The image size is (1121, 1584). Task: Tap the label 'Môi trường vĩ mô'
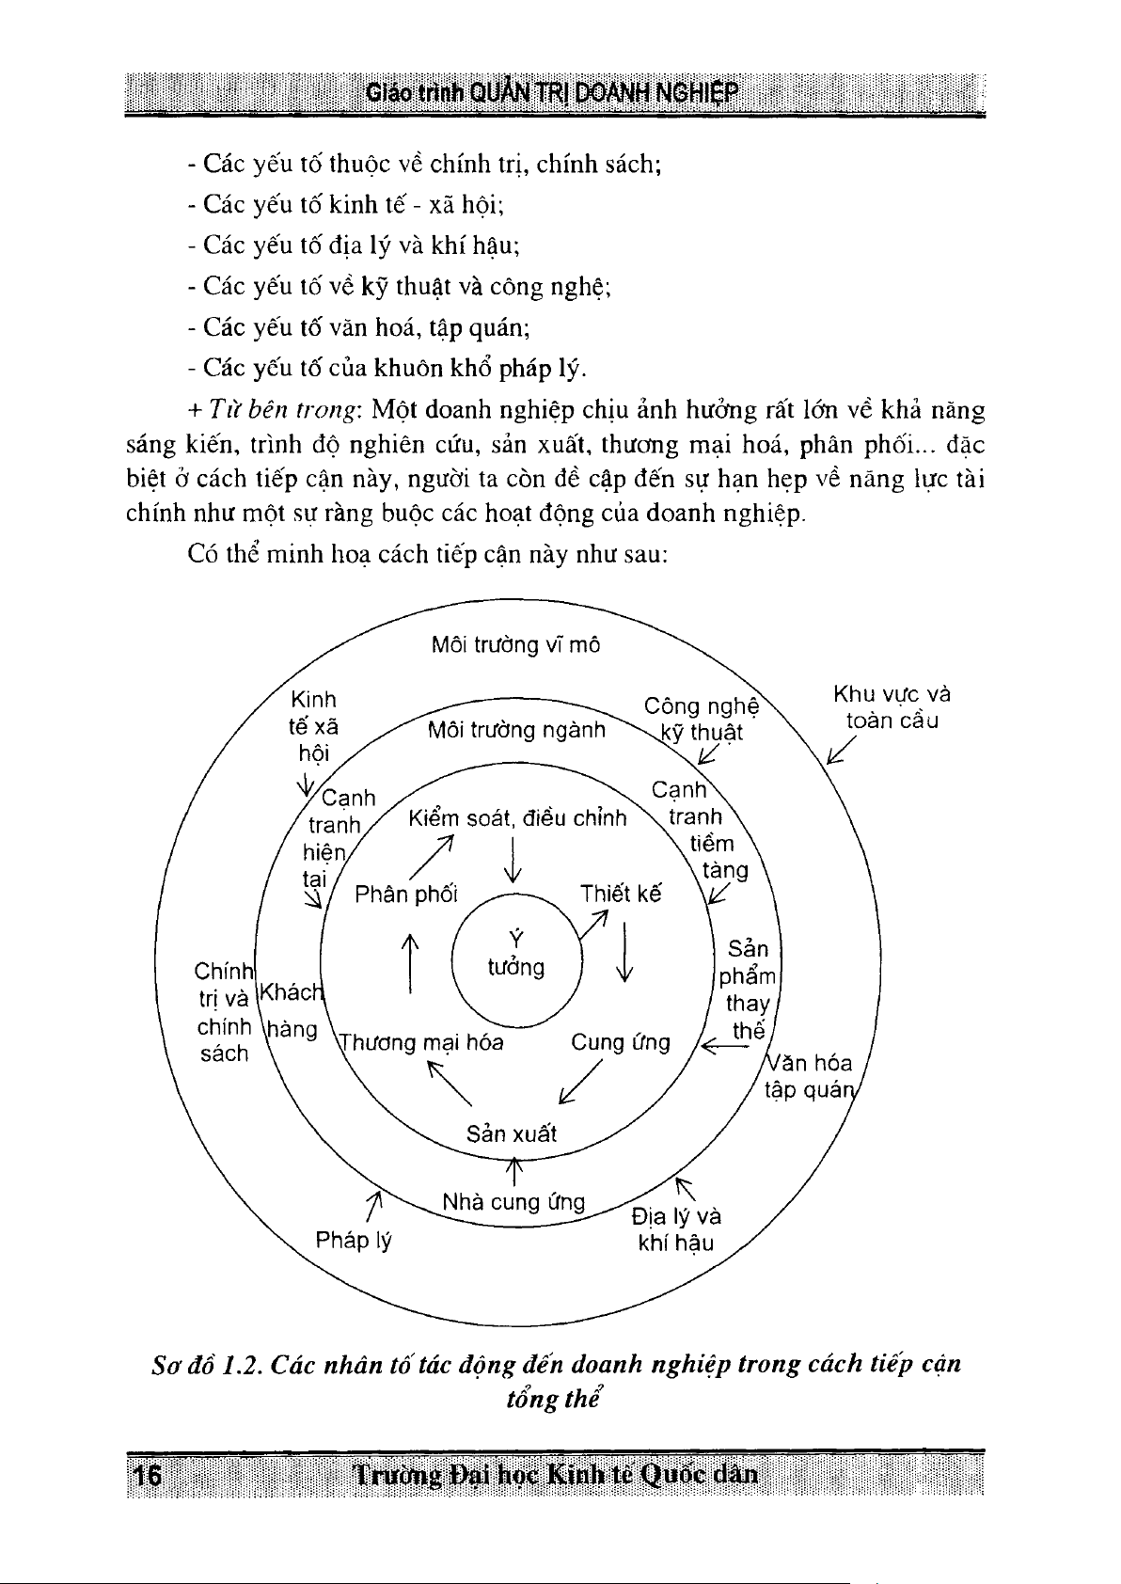pyautogui.click(x=515, y=645)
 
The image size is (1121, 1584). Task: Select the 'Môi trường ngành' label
pyautogui.click(x=516, y=730)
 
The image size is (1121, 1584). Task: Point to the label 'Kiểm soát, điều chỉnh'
pyautogui.click(x=517, y=818)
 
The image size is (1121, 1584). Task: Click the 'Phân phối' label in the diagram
pyautogui.click(x=406, y=894)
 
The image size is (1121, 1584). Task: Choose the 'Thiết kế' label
pyautogui.click(x=621, y=894)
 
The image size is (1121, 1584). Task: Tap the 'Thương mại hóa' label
pyautogui.click(x=421, y=1042)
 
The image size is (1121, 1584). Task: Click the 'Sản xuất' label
pyautogui.click(x=512, y=1133)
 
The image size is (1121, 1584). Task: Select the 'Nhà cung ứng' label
pyautogui.click(x=513, y=1202)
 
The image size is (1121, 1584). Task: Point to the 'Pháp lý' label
pyautogui.click(x=354, y=1240)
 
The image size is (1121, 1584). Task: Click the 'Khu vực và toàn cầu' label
pyautogui.click(x=892, y=707)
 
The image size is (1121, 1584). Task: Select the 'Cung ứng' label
pyautogui.click(x=621, y=1042)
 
